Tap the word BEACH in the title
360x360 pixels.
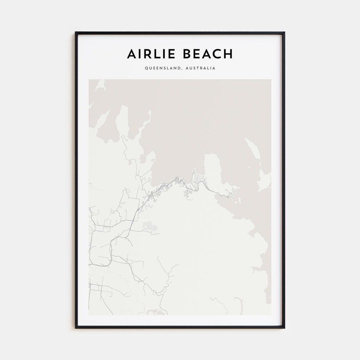tap(207, 54)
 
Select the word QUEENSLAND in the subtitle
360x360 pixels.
tap(162, 68)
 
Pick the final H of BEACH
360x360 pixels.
tap(228, 54)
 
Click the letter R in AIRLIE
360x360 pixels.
tap(151, 54)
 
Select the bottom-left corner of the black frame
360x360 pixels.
tap(76, 328)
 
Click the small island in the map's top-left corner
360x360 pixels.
tap(100, 85)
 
